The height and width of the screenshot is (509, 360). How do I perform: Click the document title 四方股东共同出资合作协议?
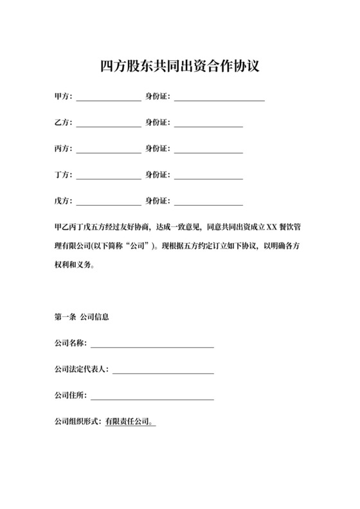tap(180, 66)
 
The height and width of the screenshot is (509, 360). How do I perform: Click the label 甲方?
tap(62, 97)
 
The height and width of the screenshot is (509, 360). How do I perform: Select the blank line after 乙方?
tap(109, 123)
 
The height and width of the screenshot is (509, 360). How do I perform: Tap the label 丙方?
tap(62, 149)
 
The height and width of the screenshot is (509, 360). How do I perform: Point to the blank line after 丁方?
tap(109, 176)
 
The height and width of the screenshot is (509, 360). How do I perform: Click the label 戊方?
tap(62, 201)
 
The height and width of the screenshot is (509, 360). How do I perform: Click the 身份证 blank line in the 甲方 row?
tap(219, 100)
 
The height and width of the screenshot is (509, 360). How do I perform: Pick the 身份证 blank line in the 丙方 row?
tap(208, 152)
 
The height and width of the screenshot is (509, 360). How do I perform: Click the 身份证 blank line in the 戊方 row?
tap(208, 204)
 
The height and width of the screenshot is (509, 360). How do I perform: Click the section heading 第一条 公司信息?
tap(82, 317)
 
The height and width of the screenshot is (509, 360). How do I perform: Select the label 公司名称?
tap(69, 344)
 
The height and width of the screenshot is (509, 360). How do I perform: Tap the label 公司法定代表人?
tap(82, 370)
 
